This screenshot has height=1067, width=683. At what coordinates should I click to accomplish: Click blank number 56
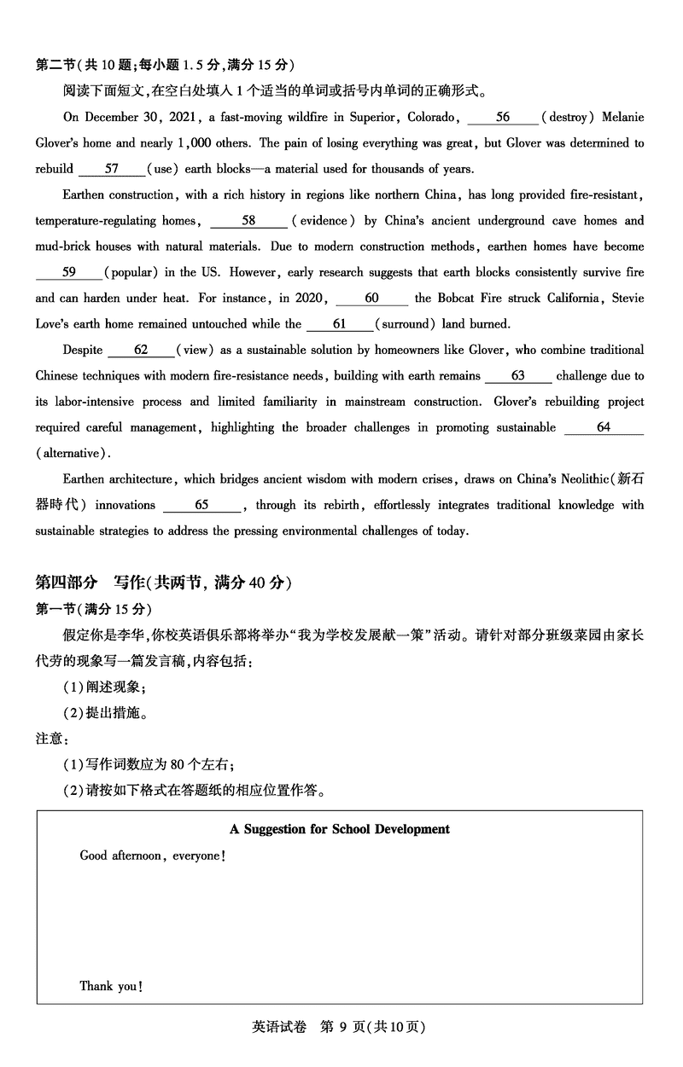pyautogui.click(x=503, y=117)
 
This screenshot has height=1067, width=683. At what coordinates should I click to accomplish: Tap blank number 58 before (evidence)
pyautogui.click(x=248, y=221)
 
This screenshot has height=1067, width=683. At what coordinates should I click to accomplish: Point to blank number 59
pyautogui.click(x=69, y=273)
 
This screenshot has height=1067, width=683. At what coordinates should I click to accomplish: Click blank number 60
pyautogui.click(x=371, y=299)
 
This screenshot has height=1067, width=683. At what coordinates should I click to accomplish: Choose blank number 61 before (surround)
pyautogui.click(x=340, y=324)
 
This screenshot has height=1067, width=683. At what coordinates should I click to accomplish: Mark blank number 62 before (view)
pyautogui.click(x=142, y=350)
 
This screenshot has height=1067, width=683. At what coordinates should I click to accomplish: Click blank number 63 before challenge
pyautogui.click(x=518, y=375)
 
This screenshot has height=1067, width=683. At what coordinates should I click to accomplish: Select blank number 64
pyautogui.click(x=604, y=427)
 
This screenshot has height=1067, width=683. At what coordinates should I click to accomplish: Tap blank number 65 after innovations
pyautogui.click(x=201, y=505)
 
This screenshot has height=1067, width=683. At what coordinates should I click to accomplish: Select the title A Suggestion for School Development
pyautogui.click(x=340, y=829)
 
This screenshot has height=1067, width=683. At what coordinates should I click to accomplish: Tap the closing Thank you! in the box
pyautogui.click(x=111, y=986)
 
